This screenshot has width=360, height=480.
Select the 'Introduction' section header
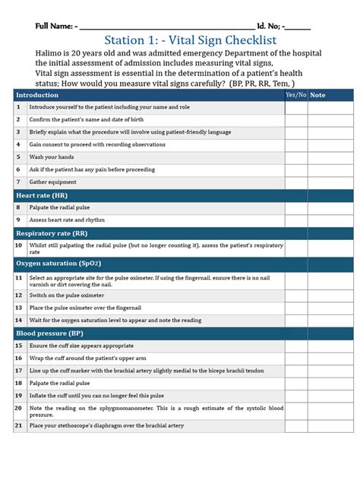pyautogui.click(x=37, y=95)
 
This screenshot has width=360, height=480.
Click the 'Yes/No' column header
pyautogui.click(x=295, y=95)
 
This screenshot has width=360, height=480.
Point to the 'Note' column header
pyautogui.click(x=317, y=95)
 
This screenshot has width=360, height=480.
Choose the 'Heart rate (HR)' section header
pyautogui.click(x=42, y=195)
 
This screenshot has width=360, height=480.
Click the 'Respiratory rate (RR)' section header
pyautogui.click(x=51, y=233)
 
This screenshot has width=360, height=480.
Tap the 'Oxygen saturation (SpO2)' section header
pyautogui.click(x=58, y=263)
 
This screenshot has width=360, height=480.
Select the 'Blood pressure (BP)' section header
pyautogui.click(x=49, y=333)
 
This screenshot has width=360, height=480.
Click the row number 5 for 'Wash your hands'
pyautogui.click(x=18, y=157)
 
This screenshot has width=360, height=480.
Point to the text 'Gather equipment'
pyautogui.click(x=52, y=182)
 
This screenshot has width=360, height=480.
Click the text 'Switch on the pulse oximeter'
pyautogui.click(x=72, y=295)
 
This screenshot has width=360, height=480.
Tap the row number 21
pyautogui.click(x=18, y=425)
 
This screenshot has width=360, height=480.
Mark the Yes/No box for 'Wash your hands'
pyautogui.click(x=295, y=157)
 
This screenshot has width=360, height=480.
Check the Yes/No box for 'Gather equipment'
pyautogui.click(x=295, y=182)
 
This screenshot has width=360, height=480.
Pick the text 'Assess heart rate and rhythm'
pyautogui.click(x=67, y=219)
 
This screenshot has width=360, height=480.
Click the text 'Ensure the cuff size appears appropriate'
pyautogui.click(x=81, y=345)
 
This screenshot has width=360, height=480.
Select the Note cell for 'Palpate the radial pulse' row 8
pyautogui.click(x=330, y=207)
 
